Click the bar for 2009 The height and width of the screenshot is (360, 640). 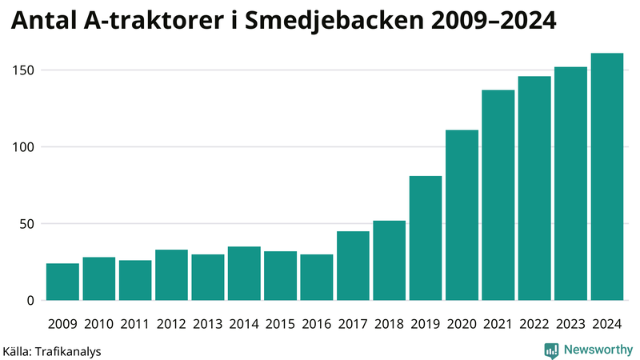(x=62, y=282)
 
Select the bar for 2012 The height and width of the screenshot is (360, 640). (x=171, y=275)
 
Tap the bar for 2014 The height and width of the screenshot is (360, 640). (x=244, y=274)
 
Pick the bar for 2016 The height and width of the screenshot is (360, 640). (x=316, y=278)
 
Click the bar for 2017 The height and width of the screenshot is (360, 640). (x=353, y=266)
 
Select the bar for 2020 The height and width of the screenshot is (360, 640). (x=462, y=215)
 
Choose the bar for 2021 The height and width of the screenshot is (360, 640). (x=498, y=195)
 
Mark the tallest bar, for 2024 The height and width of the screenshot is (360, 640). (x=606, y=177)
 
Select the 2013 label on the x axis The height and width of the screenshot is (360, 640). (x=207, y=324)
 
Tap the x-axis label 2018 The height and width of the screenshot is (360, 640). (x=389, y=324)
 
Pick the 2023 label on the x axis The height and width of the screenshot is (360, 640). (x=570, y=324)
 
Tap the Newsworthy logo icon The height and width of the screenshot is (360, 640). (x=551, y=350)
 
